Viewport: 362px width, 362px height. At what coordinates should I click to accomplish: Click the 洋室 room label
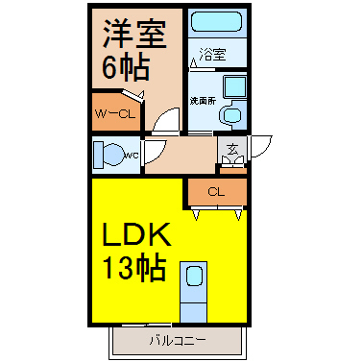134,35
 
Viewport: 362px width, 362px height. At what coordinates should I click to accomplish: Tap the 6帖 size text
126,68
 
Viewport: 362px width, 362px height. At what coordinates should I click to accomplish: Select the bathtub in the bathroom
216,21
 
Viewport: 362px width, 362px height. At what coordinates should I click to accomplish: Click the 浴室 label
212,55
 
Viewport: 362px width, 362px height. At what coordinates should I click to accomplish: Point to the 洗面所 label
203,101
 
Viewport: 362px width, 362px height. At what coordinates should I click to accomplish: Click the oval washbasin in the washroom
232,114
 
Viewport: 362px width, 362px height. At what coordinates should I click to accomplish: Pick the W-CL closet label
115,114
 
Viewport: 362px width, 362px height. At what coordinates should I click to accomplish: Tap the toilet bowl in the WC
112,155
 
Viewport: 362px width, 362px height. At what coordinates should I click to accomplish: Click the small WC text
132,156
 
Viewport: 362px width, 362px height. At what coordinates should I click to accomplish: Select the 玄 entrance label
232,150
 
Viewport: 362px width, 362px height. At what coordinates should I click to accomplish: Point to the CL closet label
216,192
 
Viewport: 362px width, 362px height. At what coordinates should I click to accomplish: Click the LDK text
136,234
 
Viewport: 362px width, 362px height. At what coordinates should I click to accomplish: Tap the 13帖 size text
134,269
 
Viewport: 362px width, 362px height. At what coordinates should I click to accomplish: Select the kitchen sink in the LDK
194,276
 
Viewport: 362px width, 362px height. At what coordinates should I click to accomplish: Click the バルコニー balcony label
178,341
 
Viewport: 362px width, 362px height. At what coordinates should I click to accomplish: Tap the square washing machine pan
234,86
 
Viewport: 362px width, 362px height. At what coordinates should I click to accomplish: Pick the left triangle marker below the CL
196,215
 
